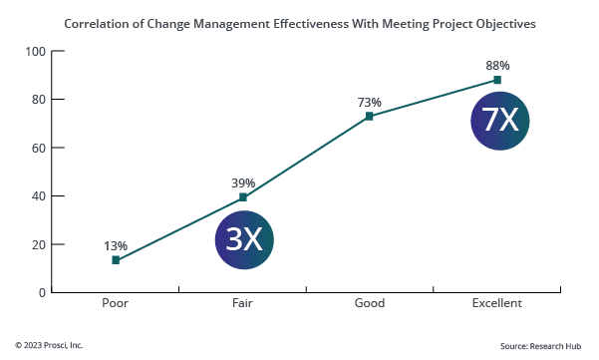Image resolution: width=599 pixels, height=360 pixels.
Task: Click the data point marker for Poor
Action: click(x=116, y=260)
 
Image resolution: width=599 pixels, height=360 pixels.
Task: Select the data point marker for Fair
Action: click(x=243, y=197)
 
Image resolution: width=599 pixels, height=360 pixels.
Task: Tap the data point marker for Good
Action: click(x=370, y=116)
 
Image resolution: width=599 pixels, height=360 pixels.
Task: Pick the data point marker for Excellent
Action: click(x=497, y=80)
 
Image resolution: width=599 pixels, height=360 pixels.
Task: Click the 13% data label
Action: click(x=116, y=245)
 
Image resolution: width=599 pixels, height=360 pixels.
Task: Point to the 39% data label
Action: click(x=243, y=182)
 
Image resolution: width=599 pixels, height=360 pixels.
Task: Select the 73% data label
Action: click(x=370, y=101)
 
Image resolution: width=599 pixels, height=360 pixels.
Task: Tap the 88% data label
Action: click(x=497, y=65)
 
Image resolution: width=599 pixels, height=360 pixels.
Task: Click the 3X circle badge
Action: click(x=244, y=239)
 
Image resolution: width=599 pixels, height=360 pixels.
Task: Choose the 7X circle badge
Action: click(x=499, y=121)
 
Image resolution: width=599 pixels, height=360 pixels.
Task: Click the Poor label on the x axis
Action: click(x=116, y=303)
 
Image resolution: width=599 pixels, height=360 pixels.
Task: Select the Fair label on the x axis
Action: click(x=243, y=303)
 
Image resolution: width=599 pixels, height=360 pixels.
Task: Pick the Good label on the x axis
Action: click(x=370, y=303)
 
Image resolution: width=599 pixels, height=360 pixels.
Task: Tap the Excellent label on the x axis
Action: click(x=497, y=303)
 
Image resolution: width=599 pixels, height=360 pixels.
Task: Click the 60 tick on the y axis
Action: click(x=39, y=148)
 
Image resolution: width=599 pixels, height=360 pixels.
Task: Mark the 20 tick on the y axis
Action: click(x=39, y=244)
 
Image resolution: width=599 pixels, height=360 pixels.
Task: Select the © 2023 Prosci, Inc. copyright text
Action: click(x=49, y=345)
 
